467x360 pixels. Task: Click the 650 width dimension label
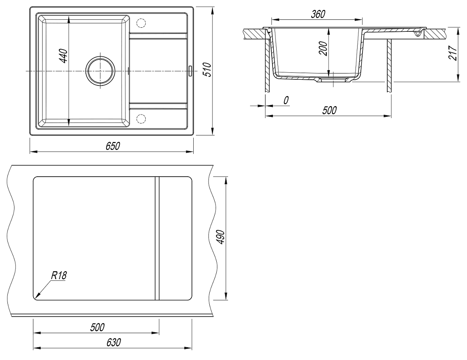[113, 146]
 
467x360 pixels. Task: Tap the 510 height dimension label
[207, 69]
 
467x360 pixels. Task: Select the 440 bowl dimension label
[64, 56]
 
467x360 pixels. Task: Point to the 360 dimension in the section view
[318, 14]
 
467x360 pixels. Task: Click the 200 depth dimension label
[323, 49]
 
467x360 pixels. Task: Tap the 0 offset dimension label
[286, 100]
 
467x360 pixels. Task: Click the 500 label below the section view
[330, 110]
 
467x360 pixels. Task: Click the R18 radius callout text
[58, 275]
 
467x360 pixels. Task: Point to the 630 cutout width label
[114, 342]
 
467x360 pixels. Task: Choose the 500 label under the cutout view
[97, 327]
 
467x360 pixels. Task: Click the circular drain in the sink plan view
[100, 71]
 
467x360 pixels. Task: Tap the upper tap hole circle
[140, 23]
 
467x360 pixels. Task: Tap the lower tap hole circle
[140, 118]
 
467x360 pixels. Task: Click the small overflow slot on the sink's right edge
[190, 71]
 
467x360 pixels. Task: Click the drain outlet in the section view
[332, 80]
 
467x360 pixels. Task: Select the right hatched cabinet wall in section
[389, 65]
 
